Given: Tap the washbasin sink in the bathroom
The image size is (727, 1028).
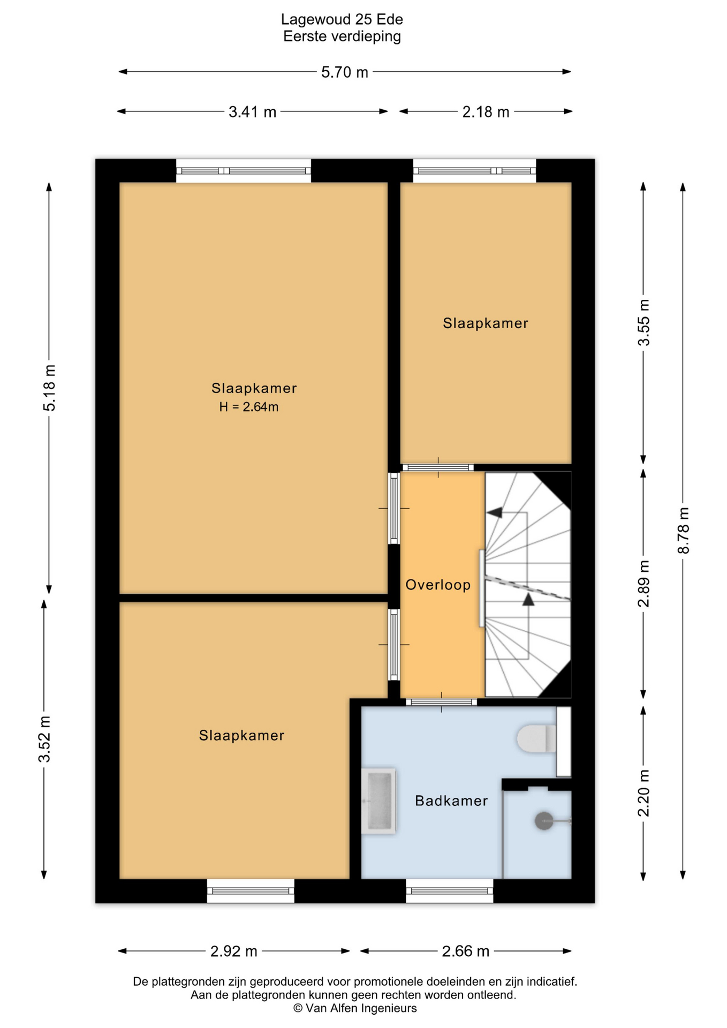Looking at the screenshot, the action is point(378,801).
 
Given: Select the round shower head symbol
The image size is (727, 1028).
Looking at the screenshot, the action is point(544,821).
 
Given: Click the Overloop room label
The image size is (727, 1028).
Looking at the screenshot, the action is point(438,585).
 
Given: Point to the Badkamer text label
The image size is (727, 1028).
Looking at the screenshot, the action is point(451,801).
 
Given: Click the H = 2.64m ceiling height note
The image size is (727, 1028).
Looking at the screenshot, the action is point(249,407).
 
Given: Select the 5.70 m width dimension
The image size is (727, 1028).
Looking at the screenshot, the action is point(345,72).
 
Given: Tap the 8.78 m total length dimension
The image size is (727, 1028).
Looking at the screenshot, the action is point(684,531).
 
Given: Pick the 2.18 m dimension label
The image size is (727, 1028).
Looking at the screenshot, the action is point(486,112).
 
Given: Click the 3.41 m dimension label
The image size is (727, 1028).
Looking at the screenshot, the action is point(252,112).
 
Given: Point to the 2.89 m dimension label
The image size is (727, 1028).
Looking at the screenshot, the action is point(643,584).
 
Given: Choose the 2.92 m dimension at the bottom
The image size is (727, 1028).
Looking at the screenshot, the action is point(234,951).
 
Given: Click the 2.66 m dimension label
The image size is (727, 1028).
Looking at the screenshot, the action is point(465,951).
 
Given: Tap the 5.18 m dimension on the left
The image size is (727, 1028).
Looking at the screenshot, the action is point(49,388).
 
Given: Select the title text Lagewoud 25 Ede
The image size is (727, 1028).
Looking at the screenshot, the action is point(342,20).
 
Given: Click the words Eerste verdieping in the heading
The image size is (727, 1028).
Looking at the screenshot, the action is point(342,36).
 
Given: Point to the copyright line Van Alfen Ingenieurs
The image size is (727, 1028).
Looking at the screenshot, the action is point(355,1008).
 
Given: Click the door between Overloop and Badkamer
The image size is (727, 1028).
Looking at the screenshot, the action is point(441,702).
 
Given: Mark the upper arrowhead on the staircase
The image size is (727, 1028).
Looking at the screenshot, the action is point(494,512).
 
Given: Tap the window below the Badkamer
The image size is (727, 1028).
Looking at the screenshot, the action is point(450,891).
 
